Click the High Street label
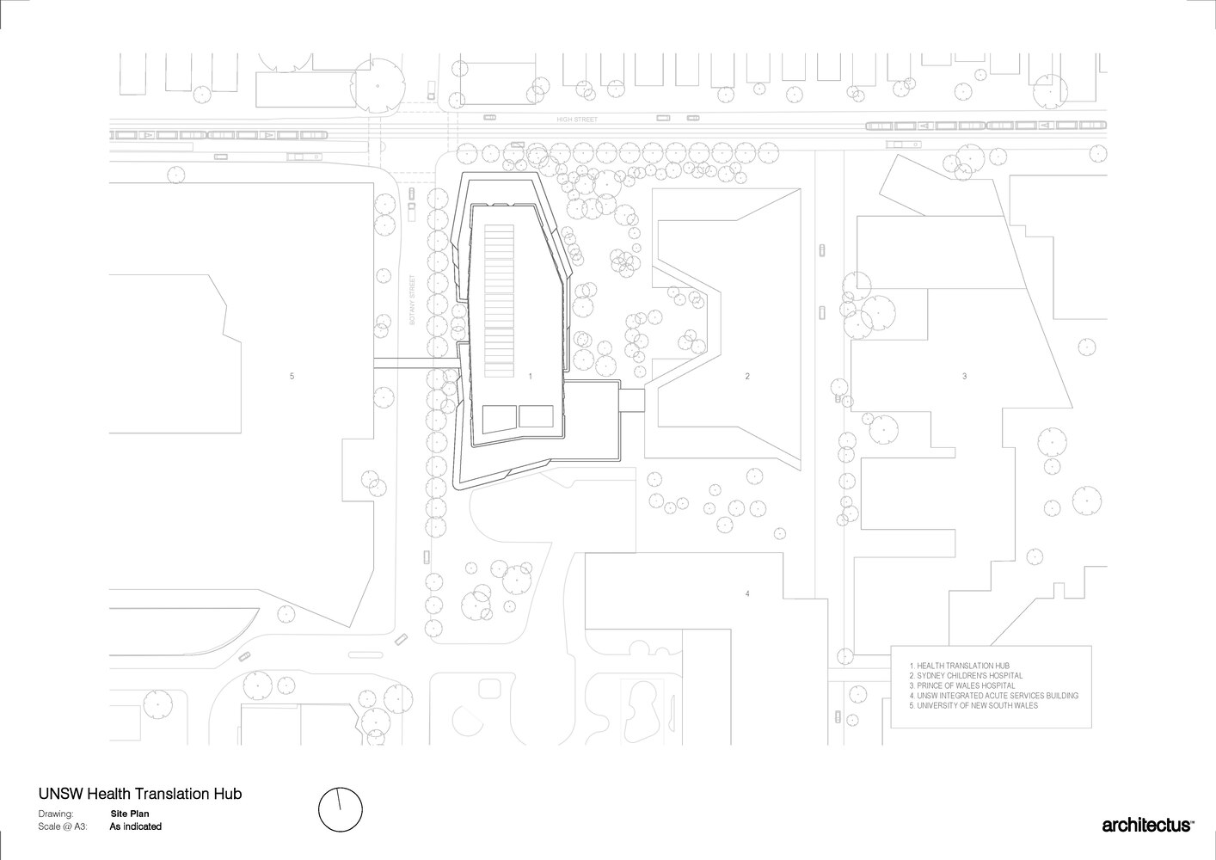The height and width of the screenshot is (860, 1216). click(576, 120)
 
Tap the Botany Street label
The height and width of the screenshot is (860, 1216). click(413, 300)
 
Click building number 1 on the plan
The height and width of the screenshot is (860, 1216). click(531, 377)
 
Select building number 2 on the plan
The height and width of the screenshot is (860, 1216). click(747, 377)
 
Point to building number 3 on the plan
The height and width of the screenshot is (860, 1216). click(964, 377)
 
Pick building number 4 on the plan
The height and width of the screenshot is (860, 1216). click(747, 593)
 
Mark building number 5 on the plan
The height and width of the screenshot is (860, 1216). click(292, 377)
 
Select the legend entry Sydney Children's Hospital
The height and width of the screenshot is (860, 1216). click(966, 676)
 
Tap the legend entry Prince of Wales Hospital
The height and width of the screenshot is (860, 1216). click(961, 685)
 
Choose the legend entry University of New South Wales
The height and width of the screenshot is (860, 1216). click(973, 705)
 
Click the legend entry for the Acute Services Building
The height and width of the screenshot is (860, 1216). click(993, 696)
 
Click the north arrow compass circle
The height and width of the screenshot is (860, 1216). click(341, 810)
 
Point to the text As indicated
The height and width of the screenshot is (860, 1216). click(136, 826)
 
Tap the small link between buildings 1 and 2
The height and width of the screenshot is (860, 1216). click(633, 400)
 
